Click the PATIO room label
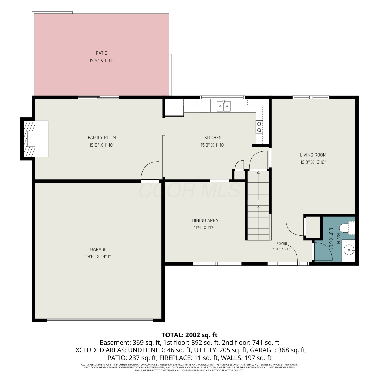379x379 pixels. coord(101,53)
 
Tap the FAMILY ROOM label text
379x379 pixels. coord(102,138)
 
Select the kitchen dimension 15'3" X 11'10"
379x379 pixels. coord(213,145)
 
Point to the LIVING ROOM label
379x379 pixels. coord(313,155)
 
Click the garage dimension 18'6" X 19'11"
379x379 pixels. coord(98,257)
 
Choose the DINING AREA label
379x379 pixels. coord(205,220)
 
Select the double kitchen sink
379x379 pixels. coord(224,106)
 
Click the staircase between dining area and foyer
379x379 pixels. coord(258,205)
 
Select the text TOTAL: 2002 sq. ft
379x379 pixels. coord(189,335)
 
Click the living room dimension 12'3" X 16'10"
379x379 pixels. coord(313,162)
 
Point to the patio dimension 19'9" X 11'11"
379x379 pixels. coord(101,60)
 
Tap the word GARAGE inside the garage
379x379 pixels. coord(98,249)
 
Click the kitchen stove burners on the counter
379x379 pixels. coord(259,127)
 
